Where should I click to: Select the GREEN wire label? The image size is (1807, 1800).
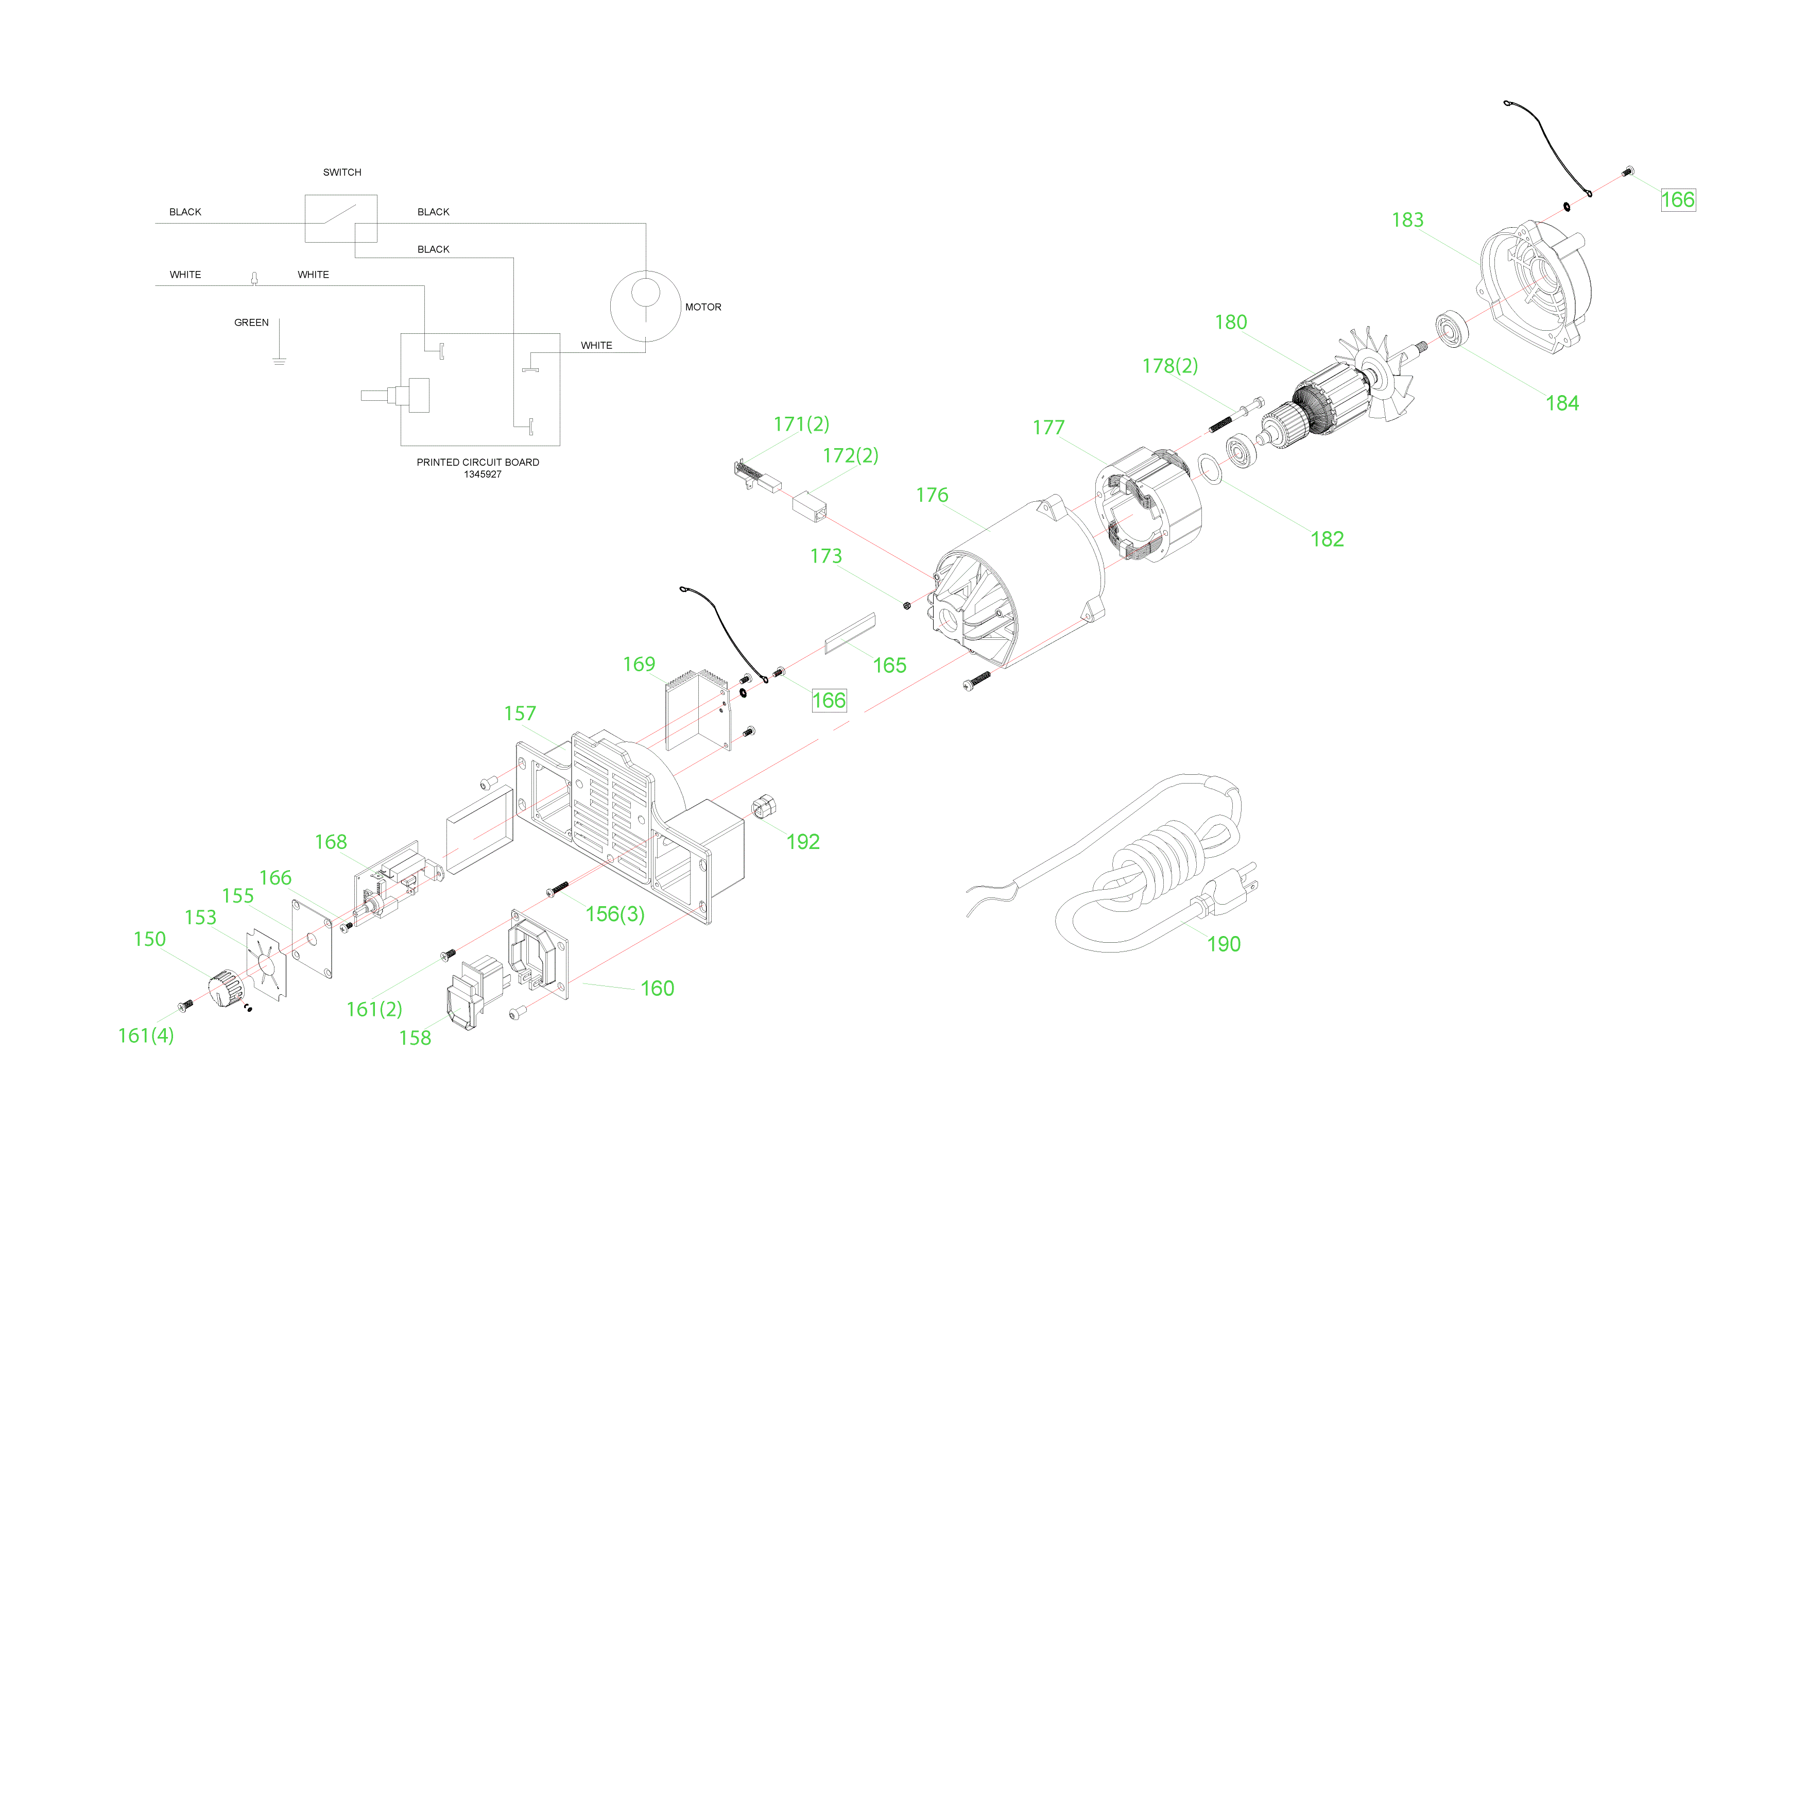[252, 324]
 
